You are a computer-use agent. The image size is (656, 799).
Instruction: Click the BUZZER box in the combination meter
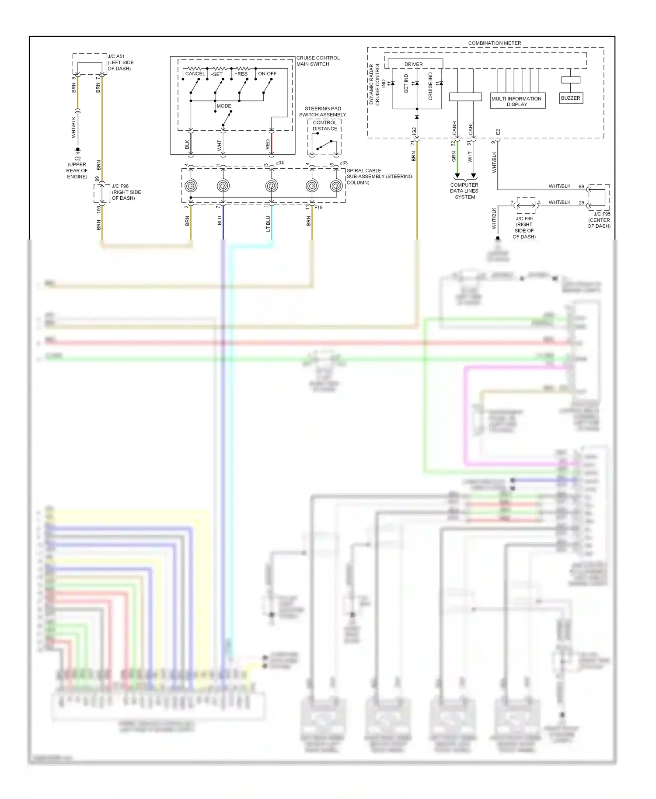571,98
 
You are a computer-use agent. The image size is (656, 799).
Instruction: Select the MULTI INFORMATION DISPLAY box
517,101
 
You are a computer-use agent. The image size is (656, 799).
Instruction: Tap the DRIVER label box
414,64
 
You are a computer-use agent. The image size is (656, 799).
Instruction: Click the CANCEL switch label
195,74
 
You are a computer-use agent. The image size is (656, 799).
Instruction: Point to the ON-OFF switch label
267,74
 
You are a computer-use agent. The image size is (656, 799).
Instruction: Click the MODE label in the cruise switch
224,106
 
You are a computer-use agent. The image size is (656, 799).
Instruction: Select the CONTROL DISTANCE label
325,125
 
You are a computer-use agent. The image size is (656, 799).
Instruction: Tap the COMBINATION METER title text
494,43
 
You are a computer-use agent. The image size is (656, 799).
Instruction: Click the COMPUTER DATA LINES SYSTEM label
464,191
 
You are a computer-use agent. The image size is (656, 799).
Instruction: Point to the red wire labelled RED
272,143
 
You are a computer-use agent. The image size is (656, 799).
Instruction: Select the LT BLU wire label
268,223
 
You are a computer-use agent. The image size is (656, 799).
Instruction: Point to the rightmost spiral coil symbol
336,186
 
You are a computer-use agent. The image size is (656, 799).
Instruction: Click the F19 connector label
318,208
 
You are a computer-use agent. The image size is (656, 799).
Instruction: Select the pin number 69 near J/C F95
581,187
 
